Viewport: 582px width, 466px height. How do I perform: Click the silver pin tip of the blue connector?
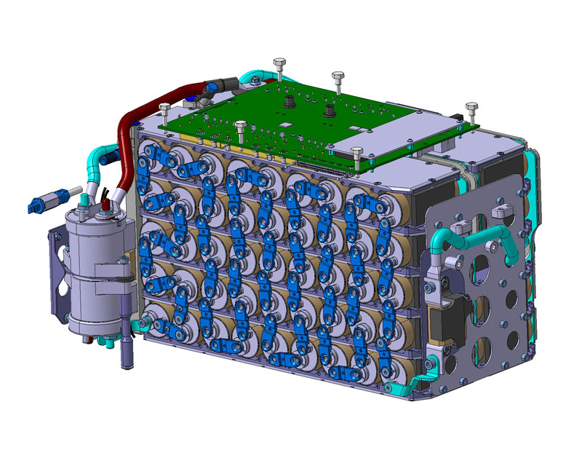point(35,200)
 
